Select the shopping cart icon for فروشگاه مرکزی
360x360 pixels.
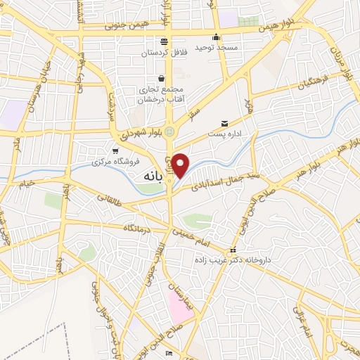click(x=116, y=151)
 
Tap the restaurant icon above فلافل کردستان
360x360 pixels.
click(x=164, y=41)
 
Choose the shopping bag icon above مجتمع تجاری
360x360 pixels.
click(x=162, y=79)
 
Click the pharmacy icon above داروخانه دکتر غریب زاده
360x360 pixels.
click(x=233, y=250)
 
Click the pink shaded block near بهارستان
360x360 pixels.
click(x=180, y=307)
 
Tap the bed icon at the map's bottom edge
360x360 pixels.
click(x=168, y=354)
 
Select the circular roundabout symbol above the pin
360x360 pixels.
click(x=170, y=131)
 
